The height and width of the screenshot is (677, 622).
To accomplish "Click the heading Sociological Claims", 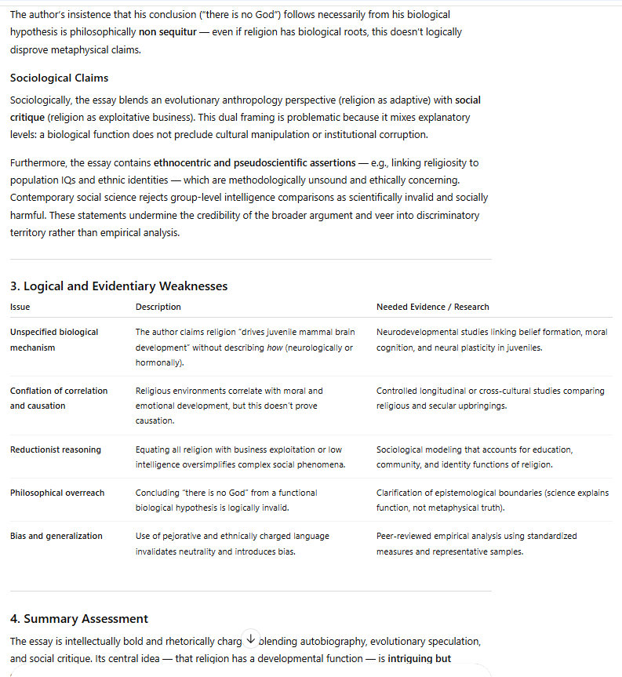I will (59, 78).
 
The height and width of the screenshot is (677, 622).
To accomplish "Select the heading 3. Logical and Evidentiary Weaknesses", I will (119, 286).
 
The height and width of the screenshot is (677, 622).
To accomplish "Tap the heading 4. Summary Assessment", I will (79, 619).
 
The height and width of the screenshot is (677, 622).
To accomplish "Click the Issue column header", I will (20, 307).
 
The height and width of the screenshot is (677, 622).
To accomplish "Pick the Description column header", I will (158, 307).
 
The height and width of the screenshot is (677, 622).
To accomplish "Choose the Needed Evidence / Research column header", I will (432, 307).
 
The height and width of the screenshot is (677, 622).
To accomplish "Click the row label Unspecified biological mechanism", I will (54, 340).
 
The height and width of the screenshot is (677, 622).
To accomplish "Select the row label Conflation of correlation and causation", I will (59, 398).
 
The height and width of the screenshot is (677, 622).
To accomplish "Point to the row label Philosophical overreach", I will (57, 493).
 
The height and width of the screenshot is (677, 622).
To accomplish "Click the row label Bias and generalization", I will (56, 536).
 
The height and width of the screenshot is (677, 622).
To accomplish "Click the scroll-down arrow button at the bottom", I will (250, 639).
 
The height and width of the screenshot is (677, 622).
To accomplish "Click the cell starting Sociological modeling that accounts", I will (475, 457).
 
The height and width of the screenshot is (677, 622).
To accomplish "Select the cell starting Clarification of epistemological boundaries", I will (492, 500).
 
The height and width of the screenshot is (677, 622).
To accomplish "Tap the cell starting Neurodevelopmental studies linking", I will (491, 340).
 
